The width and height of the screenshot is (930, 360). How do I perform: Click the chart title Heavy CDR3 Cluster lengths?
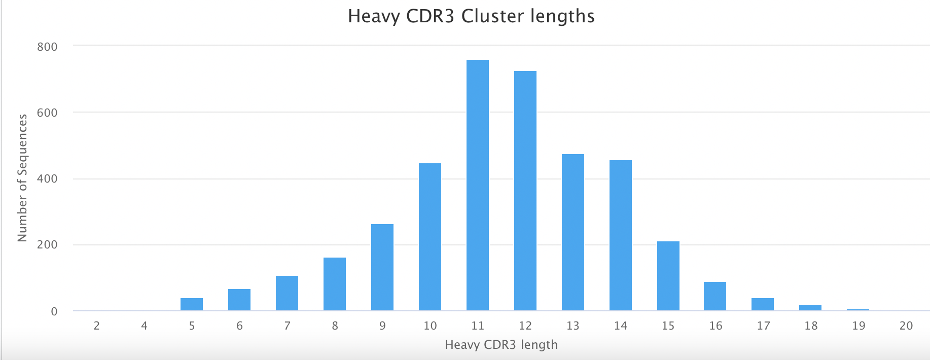pyautogui.click(x=471, y=16)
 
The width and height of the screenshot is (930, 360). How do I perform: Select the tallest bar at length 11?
pyautogui.click(x=478, y=185)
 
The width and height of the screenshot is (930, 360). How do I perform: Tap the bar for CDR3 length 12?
pyautogui.click(x=525, y=191)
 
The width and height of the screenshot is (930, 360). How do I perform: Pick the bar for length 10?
pyautogui.click(x=430, y=237)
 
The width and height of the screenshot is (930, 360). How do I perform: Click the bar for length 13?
pyautogui.click(x=573, y=232)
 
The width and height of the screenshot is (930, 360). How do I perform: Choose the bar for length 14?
pyautogui.click(x=621, y=235)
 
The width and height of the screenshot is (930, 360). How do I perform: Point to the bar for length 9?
pyautogui.click(x=382, y=267)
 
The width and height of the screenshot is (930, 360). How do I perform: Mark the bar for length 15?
pyautogui.click(x=668, y=276)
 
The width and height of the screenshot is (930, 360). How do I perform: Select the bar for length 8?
pyautogui.click(x=335, y=284)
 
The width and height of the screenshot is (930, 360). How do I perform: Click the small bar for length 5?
pyautogui.click(x=192, y=304)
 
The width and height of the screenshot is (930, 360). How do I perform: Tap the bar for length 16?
pyautogui.click(x=715, y=296)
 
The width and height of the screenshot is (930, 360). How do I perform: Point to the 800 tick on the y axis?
pyautogui.click(x=47, y=47)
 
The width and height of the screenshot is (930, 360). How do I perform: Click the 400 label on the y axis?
pyautogui.click(x=47, y=179)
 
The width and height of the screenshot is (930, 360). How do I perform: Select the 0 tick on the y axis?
pyautogui.click(x=54, y=311)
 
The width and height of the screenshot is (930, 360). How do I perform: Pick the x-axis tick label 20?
pyautogui.click(x=906, y=326)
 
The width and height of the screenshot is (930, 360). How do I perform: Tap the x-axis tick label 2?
pyautogui.click(x=97, y=326)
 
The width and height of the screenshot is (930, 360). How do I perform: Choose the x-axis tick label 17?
pyautogui.click(x=763, y=326)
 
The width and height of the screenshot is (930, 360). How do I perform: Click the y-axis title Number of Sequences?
pyautogui.click(x=22, y=178)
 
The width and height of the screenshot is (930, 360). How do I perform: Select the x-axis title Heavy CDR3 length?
pyautogui.click(x=501, y=345)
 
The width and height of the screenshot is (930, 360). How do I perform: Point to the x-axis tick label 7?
pyautogui.click(x=287, y=326)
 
